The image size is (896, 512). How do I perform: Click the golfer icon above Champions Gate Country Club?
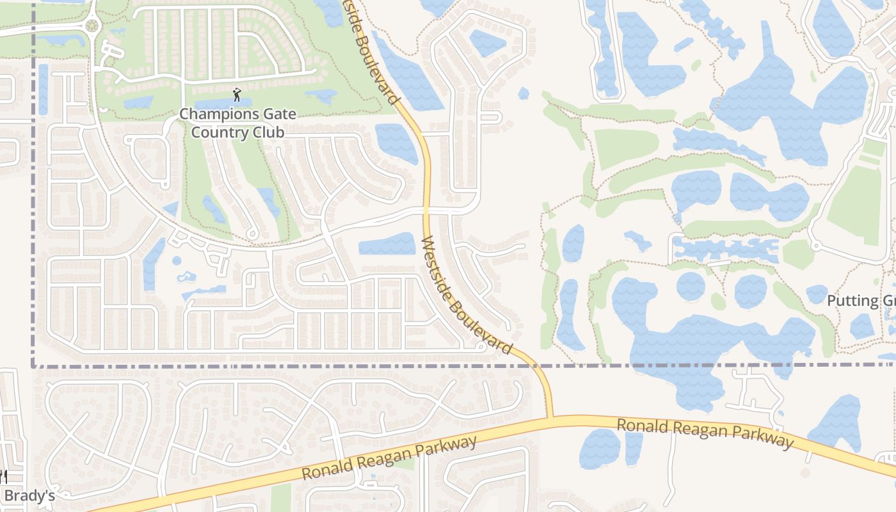click(237, 95)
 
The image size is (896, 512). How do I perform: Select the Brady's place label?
click(29, 496)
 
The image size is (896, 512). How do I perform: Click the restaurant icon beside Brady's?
click(3, 477)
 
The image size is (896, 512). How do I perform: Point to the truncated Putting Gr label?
click(861, 301)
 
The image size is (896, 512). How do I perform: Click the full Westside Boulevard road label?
click(467, 296)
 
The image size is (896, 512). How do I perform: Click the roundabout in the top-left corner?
click(93, 26)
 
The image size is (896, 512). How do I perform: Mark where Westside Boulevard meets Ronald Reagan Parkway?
click(550, 418)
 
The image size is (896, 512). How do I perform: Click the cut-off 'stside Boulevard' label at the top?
click(372, 51)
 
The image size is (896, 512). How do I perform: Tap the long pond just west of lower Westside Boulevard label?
click(387, 244)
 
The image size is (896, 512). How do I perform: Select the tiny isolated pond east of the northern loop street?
click(524, 93)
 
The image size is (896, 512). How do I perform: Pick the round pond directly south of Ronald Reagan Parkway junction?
click(600, 448)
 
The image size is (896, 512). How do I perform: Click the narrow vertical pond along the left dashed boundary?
click(43, 90)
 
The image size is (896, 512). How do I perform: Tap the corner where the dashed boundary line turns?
click(33, 366)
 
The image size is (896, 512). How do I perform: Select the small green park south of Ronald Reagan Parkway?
click(280, 498)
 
